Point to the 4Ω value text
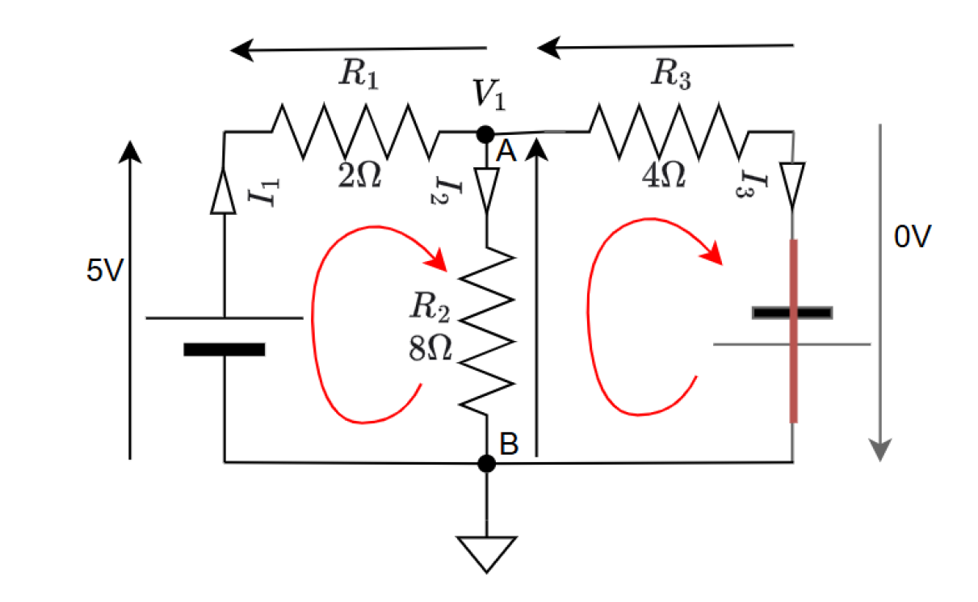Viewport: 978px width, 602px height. (x=663, y=173)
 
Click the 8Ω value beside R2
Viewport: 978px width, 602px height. (x=430, y=349)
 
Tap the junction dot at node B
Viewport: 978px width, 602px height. (x=486, y=463)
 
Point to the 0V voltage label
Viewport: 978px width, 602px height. (x=913, y=237)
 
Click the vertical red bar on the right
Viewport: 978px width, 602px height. (x=793, y=331)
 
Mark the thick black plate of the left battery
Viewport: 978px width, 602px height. (x=224, y=350)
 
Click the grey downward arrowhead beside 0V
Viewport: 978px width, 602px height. (x=880, y=448)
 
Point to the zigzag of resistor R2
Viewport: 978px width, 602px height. (x=486, y=331)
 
